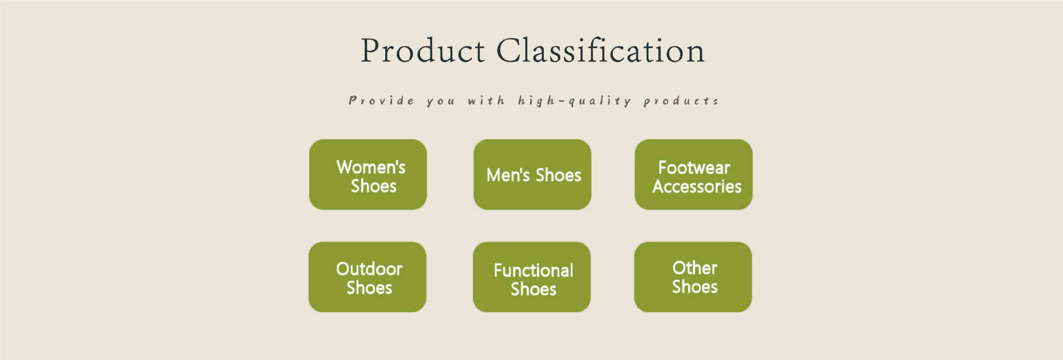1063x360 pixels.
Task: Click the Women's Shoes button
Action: click(x=368, y=174)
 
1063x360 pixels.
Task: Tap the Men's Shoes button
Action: click(x=532, y=174)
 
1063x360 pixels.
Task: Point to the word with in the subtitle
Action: click(x=486, y=100)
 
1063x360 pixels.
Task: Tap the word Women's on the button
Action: click(x=371, y=167)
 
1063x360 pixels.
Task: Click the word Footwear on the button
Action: click(x=694, y=168)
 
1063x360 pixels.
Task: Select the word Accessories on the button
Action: click(x=697, y=187)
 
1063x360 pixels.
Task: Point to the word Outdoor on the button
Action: click(x=369, y=269)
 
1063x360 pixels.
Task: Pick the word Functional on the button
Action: click(x=533, y=270)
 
